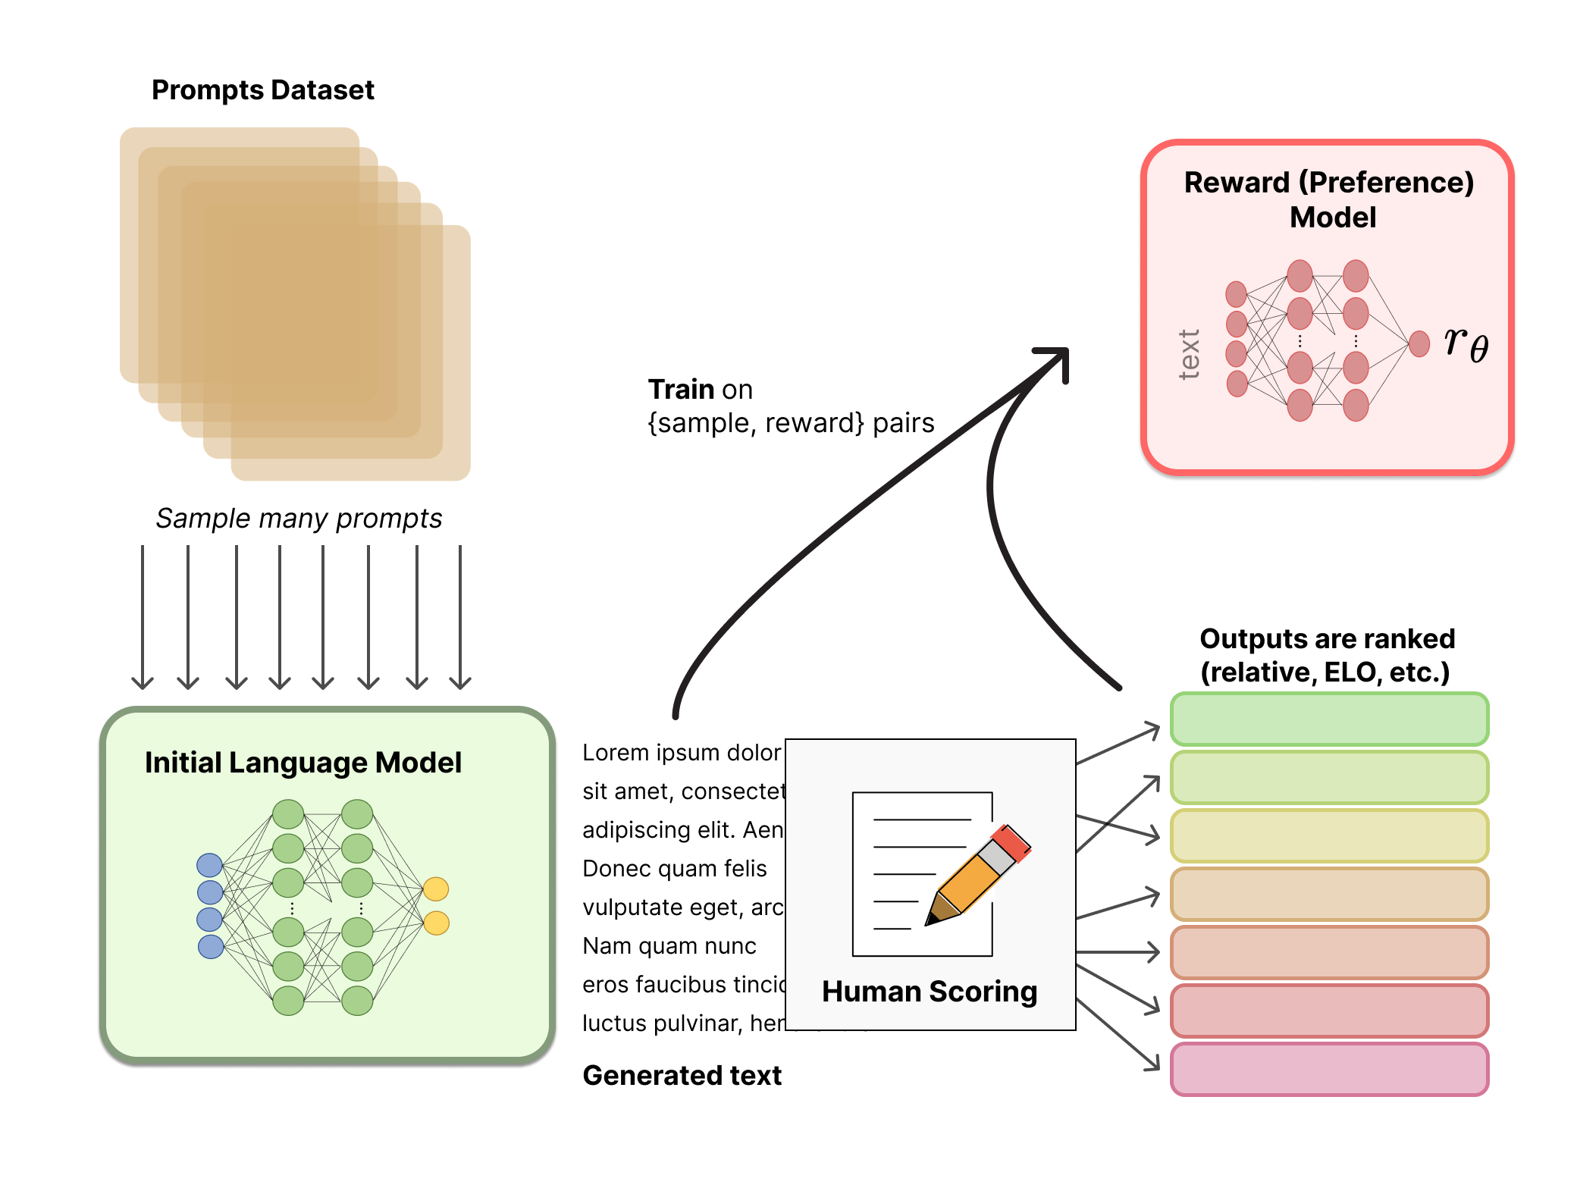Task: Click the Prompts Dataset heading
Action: click(262, 90)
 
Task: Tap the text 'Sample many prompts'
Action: click(299, 519)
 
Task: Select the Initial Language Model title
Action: click(303, 763)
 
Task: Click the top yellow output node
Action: click(436, 889)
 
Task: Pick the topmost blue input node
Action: click(209, 864)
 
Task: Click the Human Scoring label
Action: click(930, 992)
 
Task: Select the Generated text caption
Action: click(682, 1076)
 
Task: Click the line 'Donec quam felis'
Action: click(674, 869)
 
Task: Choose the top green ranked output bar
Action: click(1329, 719)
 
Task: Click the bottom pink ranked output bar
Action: click(1329, 1069)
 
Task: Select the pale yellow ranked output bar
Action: click(1329, 835)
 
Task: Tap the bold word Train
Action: click(682, 390)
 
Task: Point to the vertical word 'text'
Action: click(1189, 354)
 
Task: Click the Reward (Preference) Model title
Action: click(1329, 199)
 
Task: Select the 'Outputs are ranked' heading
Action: click(1327, 655)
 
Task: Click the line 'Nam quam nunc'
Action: click(669, 946)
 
